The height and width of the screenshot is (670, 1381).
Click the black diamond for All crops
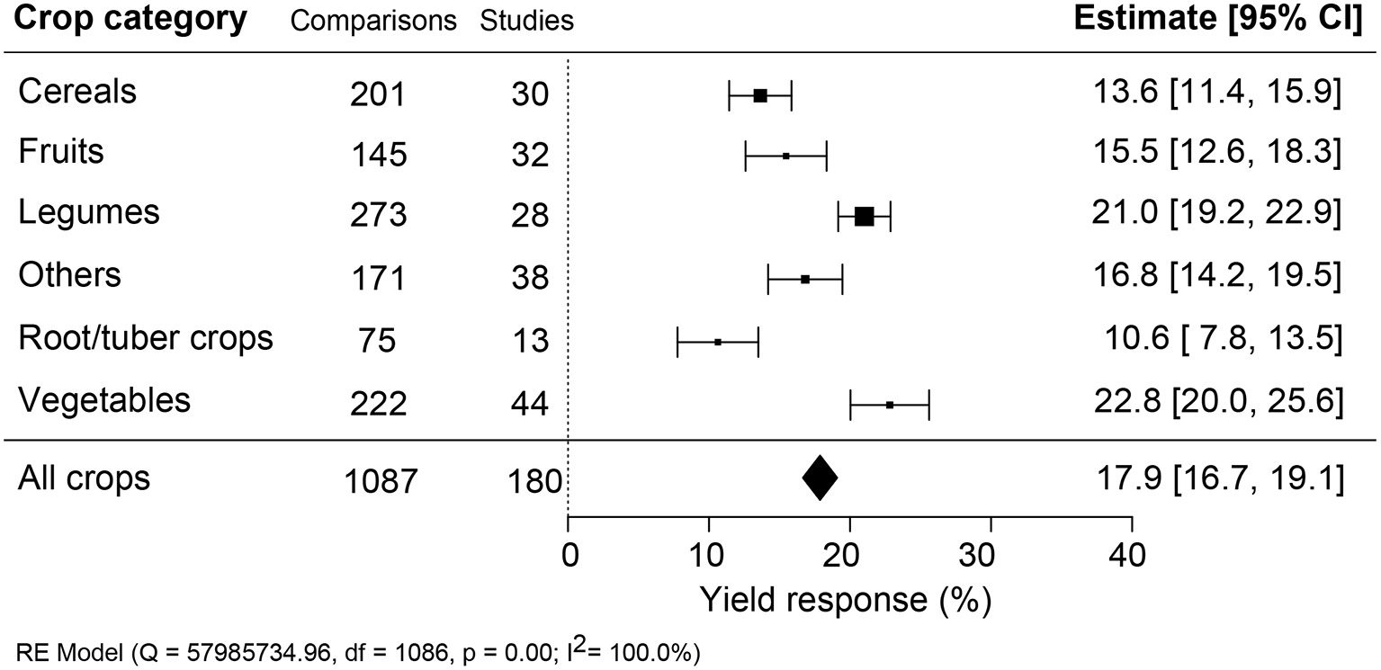pos(820,478)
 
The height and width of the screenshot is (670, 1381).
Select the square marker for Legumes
pos(864,217)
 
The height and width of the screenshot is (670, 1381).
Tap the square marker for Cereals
pos(760,95)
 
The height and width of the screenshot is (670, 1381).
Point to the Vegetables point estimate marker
pos(889,405)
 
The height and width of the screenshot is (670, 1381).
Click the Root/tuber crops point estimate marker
pos(718,342)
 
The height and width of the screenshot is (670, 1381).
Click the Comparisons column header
pos(373,22)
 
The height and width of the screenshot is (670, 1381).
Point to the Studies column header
pos(526,22)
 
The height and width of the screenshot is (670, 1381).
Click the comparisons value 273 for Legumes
pos(378,217)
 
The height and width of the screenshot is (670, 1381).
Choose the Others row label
pos(69,274)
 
